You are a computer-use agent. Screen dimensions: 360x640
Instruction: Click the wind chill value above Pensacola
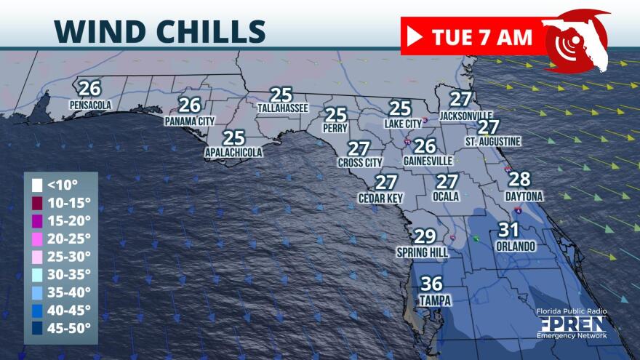click(89, 89)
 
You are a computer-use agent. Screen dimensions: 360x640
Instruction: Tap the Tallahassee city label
click(283, 108)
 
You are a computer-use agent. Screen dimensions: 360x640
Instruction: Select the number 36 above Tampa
click(432, 284)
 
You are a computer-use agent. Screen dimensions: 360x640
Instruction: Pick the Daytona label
click(524, 196)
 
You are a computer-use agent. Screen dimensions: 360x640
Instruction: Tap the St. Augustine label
click(493, 140)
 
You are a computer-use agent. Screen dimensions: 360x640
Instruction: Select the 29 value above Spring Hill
click(425, 236)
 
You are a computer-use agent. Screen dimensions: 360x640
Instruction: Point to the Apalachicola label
click(233, 153)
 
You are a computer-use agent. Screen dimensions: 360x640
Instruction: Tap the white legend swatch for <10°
click(36, 184)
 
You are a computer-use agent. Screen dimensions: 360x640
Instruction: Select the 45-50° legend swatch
click(36, 327)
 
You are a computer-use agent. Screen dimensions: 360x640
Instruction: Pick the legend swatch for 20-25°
click(36, 238)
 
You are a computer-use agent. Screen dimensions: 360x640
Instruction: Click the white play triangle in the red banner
click(415, 36)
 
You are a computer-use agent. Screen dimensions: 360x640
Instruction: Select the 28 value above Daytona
click(519, 180)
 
